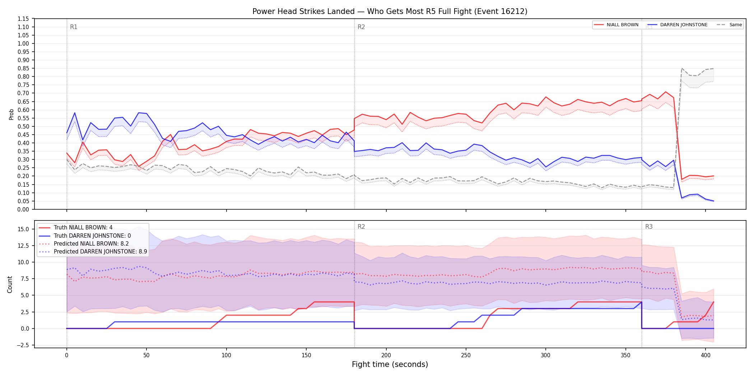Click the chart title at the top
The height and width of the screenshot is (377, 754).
(x=390, y=11)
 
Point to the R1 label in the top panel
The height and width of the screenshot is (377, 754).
(x=74, y=27)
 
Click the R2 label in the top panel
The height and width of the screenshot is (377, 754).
(x=361, y=27)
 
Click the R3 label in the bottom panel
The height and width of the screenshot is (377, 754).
(x=649, y=227)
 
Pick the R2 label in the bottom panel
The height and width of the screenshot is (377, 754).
(x=361, y=227)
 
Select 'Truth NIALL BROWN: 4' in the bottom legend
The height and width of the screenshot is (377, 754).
(x=83, y=227)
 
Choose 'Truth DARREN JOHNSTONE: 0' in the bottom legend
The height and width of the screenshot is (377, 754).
(x=92, y=236)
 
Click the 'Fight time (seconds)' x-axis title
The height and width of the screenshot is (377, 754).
(x=390, y=364)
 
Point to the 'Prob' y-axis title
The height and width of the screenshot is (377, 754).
(x=11, y=114)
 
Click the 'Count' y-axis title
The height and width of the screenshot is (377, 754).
(x=10, y=284)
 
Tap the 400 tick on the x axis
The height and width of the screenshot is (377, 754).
(x=706, y=355)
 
